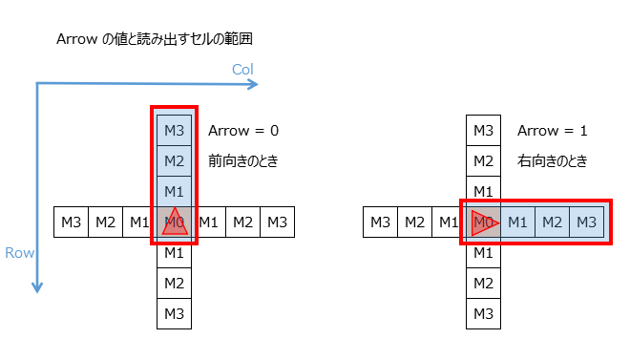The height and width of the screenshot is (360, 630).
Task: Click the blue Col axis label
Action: [x=242, y=70]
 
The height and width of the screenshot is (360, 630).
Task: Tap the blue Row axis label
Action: [x=19, y=253]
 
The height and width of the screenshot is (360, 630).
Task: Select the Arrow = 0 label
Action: [x=243, y=131]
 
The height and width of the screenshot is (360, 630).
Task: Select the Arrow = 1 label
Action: [x=554, y=131]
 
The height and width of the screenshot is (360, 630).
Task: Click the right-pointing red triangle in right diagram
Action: [x=483, y=223]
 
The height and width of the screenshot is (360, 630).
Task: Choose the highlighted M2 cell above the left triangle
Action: [x=174, y=160]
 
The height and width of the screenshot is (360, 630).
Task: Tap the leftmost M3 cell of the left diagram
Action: [x=71, y=222]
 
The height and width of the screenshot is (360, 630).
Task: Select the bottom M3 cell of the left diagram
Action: [x=174, y=312]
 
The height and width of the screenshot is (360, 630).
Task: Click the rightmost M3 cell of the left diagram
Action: [x=277, y=222]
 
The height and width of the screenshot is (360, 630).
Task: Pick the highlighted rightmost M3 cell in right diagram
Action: [x=586, y=222]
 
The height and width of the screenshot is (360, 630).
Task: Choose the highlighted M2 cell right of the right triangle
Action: [x=552, y=222]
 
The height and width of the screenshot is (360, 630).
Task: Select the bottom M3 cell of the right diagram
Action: [x=483, y=312]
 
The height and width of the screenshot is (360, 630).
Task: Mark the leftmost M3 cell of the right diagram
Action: [x=380, y=222]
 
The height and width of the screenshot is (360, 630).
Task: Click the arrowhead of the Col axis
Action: [x=254, y=84]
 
